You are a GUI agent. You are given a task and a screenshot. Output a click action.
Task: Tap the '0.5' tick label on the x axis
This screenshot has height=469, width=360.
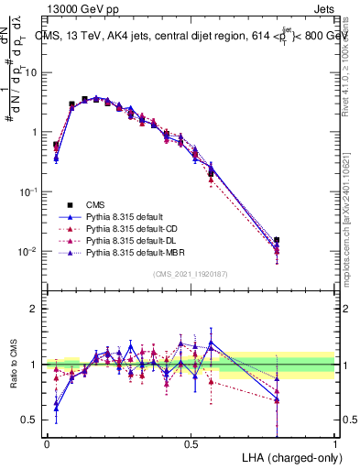(191, 442)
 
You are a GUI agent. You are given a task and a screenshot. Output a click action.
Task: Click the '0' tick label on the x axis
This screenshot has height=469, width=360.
(47, 442)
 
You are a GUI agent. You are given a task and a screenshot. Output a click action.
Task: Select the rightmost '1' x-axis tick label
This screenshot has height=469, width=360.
(335, 442)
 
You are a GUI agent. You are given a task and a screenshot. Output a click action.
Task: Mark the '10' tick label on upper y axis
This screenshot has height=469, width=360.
(32, 71)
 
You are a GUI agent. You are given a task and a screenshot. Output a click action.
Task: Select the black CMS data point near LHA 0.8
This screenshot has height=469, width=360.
(278, 240)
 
